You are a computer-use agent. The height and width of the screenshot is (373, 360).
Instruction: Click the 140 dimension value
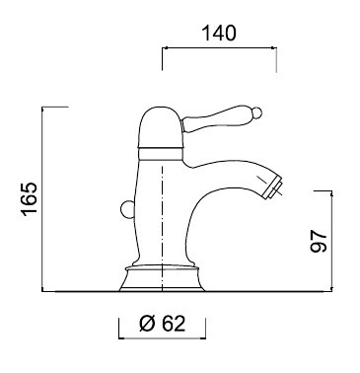pos(219,33)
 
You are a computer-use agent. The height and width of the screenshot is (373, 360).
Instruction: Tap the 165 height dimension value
pos(30,199)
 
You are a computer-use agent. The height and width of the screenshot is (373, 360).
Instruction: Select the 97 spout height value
pos(319,241)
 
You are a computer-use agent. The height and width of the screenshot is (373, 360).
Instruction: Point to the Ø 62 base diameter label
pos(162,324)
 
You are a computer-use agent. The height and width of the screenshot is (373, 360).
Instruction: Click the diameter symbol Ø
pos(147,324)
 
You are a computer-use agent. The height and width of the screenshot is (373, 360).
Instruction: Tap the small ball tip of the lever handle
pos(258,112)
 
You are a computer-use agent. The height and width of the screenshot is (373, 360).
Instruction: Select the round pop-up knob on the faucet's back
pos(126,209)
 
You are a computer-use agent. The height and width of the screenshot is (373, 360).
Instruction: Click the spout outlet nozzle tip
pos(273,187)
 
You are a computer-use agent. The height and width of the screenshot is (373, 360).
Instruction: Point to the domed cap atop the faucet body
pos(160,126)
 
